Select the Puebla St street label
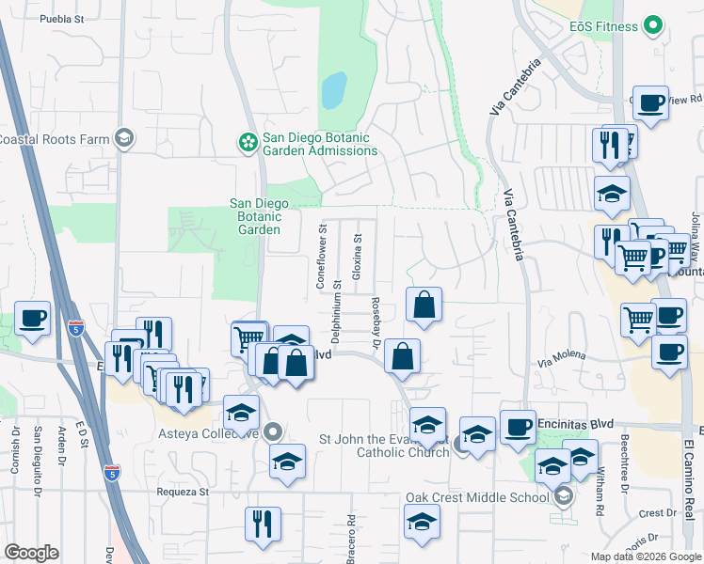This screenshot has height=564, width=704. [x=60, y=18]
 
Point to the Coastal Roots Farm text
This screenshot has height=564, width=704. [x=55, y=139]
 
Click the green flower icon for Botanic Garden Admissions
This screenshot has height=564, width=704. [x=248, y=143]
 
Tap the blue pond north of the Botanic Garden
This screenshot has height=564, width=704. [x=333, y=91]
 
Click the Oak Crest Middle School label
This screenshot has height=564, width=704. [x=476, y=497]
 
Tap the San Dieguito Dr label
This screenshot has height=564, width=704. [x=38, y=461]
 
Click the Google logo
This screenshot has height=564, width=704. [x=32, y=553]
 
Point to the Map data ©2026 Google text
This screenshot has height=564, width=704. [x=645, y=556]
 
